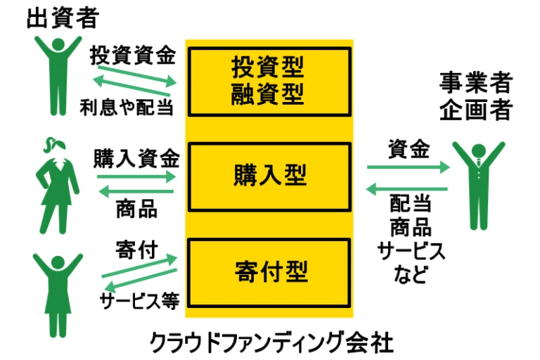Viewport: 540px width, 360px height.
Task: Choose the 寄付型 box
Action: pos(270,271)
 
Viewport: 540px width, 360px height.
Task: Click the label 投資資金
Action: pos(133,56)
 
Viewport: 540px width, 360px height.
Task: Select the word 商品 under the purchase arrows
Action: pos(136,209)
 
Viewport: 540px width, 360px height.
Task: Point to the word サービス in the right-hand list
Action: pos(411,251)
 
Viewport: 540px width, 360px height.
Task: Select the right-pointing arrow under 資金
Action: pos(408,168)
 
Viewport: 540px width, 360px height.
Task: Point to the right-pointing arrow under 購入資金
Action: pos(136,177)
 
